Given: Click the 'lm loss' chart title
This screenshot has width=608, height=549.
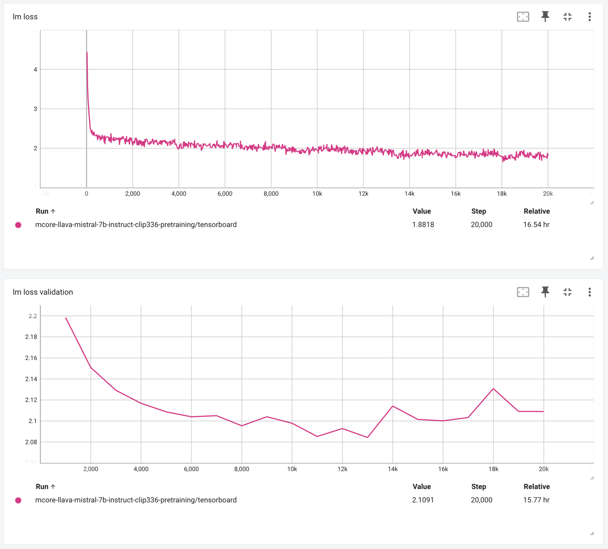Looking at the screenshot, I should pyautogui.click(x=25, y=16).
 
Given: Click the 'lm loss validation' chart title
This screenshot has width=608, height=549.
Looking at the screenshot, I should pyautogui.click(x=43, y=292).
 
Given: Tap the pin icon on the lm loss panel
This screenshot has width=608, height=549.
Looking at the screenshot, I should pyautogui.click(x=545, y=16).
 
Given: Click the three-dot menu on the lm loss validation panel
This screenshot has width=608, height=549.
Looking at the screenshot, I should pyautogui.click(x=589, y=292).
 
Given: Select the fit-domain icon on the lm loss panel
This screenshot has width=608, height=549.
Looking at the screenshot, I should pyautogui.click(x=523, y=16).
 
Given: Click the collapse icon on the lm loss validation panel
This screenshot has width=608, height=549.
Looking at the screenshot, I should pyautogui.click(x=567, y=292).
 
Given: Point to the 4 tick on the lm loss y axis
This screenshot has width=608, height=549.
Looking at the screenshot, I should pyautogui.click(x=35, y=70).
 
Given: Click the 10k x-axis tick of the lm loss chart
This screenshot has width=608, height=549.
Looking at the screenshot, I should pyautogui.click(x=317, y=194).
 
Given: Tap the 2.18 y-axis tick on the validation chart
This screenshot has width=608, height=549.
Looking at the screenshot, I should pyautogui.click(x=31, y=337).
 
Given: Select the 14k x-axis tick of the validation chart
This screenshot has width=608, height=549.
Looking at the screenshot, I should pyautogui.click(x=393, y=469).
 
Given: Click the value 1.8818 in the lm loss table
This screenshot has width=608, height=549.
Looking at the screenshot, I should pyautogui.click(x=423, y=225).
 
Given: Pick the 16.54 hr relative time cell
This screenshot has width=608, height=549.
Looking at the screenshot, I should pyautogui.click(x=536, y=225).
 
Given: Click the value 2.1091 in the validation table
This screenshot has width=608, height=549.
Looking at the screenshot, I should pyautogui.click(x=423, y=500).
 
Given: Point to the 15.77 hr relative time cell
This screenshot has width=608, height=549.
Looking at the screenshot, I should pyautogui.click(x=536, y=500).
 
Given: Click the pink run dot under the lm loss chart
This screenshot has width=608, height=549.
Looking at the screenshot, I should pyautogui.click(x=18, y=225).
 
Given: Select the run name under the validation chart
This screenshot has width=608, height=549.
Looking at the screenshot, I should pyautogui.click(x=136, y=500).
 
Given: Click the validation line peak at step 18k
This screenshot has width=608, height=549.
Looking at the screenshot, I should pyautogui.click(x=493, y=389).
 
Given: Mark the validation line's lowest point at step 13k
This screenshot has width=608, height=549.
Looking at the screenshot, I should pyautogui.click(x=367, y=437).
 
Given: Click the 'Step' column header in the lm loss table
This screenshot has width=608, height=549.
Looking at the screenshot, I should pyautogui.click(x=479, y=211).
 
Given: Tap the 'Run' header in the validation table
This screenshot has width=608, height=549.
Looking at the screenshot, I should pyautogui.click(x=42, y=487).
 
